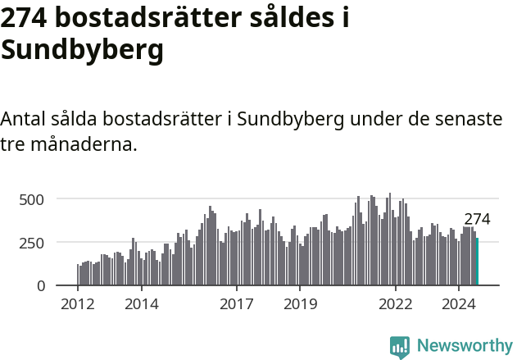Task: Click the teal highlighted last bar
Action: [x=477, y=262]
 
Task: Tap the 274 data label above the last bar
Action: [x=477, y=220]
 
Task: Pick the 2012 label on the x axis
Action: [x=78, y=305]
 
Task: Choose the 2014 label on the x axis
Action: [x=142, y=305]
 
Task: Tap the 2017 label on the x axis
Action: [x=237, y=305]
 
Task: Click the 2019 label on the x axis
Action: [x=300, y=305]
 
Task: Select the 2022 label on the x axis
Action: [x=396, y=305]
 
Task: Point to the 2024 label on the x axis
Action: [x=459, y=305]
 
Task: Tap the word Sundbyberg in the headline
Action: [x=82, y=50]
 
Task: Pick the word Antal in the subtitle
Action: [x=25, y=119]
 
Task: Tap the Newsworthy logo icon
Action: [x=400, y=347]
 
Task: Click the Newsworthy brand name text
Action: [x=464, y=346]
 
